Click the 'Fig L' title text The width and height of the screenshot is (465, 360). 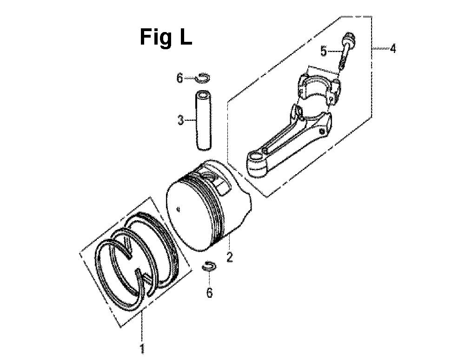(x=166, y=37)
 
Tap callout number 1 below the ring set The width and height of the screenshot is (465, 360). (x=143, y=349)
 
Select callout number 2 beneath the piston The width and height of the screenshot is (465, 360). (x=230, y=256)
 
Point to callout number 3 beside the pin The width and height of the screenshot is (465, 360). (x=180, y=120)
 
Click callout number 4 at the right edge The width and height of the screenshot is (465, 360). (x=392, y=48)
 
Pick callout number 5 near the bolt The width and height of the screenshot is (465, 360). (x=323, y=52)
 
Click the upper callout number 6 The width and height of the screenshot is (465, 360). (x=179, y=78)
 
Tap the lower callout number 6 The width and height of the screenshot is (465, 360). (x=209, y=293)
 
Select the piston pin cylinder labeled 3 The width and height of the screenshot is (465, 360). (x=203, y=121)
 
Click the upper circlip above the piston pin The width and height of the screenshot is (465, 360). (x=204, y=77)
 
